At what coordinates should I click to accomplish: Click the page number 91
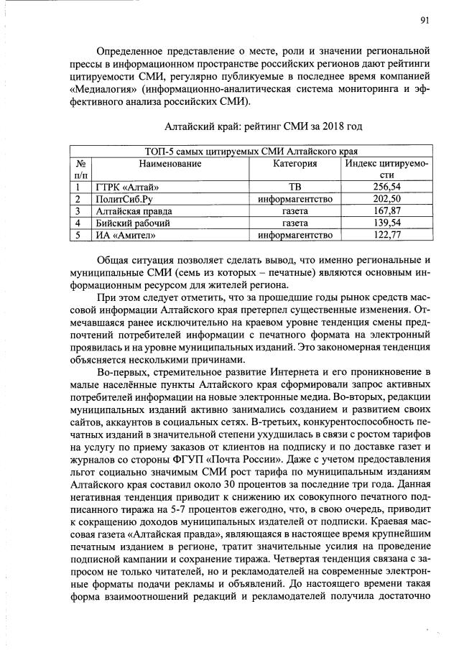pos(425,20)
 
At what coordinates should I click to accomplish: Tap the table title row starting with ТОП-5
pos(251,152)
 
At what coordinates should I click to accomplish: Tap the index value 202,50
pos(386,199)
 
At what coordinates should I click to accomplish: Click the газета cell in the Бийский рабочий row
pos(295,223)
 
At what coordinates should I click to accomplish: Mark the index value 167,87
pos(386,210)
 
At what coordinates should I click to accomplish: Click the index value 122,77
pos(386,235)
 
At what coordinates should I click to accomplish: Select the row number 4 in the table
pos(75,223)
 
